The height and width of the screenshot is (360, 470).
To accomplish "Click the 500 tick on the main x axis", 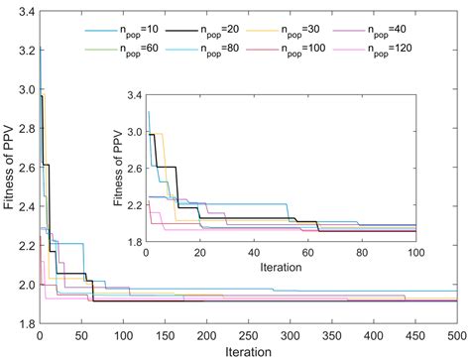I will pos(457,334).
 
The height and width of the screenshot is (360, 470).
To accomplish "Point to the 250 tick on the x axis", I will pos(248,334).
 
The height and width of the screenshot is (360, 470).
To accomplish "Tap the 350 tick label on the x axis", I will pos(332,334).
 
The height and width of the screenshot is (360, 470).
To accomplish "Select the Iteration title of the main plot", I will pos(248,350).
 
